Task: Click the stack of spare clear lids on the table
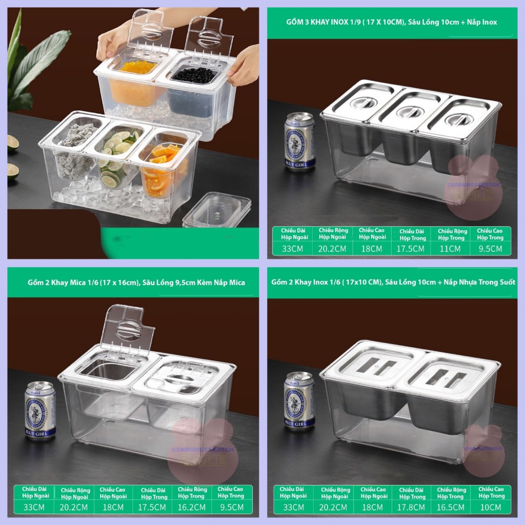pos(216,210)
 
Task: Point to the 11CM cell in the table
pos(451,249)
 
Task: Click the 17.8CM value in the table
pos(412,508)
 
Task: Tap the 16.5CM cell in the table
pos(451,508)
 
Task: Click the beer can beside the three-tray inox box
pos(299,142)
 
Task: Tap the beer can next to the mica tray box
pos(40,410)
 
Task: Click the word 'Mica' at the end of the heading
pos(237,282)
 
